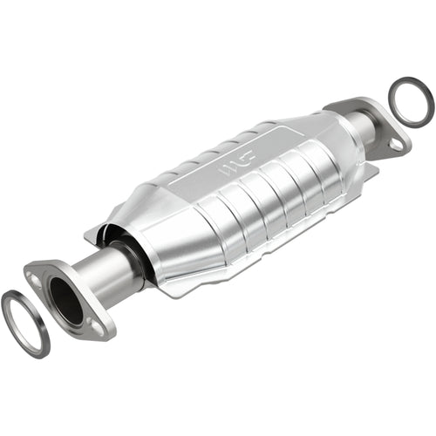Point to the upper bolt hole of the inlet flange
35,276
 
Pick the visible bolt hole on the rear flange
398,144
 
